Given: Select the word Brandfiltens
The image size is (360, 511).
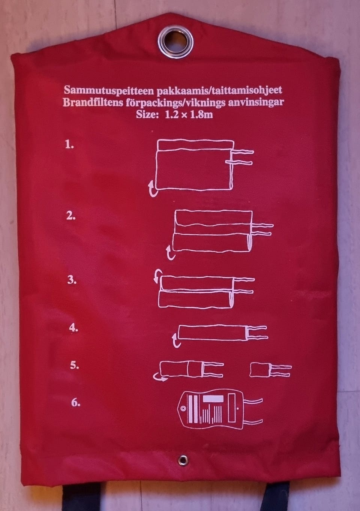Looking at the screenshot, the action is [92, 103].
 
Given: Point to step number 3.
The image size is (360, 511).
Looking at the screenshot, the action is [72, 280].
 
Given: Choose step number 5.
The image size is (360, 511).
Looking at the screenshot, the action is [74, 365].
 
